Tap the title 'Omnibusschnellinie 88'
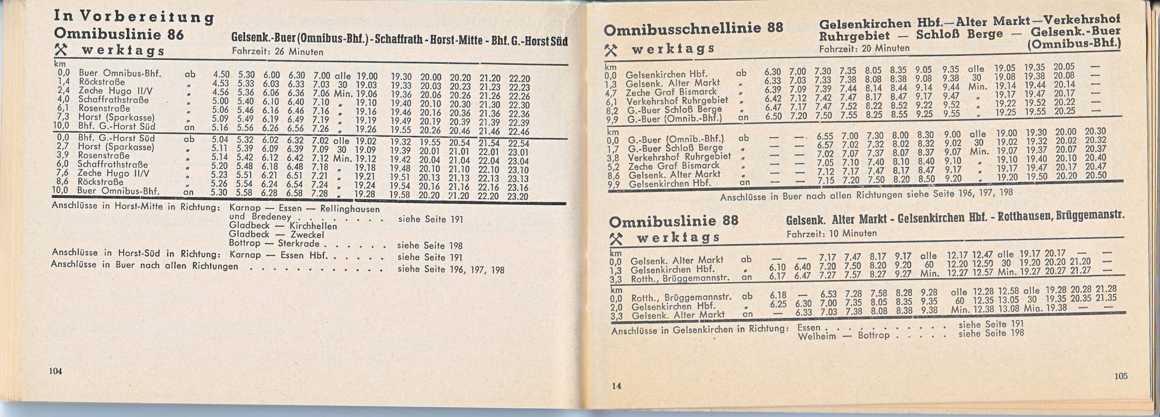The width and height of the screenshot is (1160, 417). pyautogui.click(x=694, y=29)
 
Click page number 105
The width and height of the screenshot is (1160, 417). pyautogui.click(x=1121, y=376)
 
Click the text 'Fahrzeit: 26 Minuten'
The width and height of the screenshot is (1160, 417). pyautogui.click(x=277, y=52)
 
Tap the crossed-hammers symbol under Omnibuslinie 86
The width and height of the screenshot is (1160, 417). pyautogui.click(x=59, y=49)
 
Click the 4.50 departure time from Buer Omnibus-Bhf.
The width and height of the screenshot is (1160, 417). pyautogui.click(x=222, y=74)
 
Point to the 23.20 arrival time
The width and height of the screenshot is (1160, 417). pyautogui.click(x=518, y=197)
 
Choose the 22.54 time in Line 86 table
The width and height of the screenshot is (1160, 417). pyautogui.click(x=518, y=143)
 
